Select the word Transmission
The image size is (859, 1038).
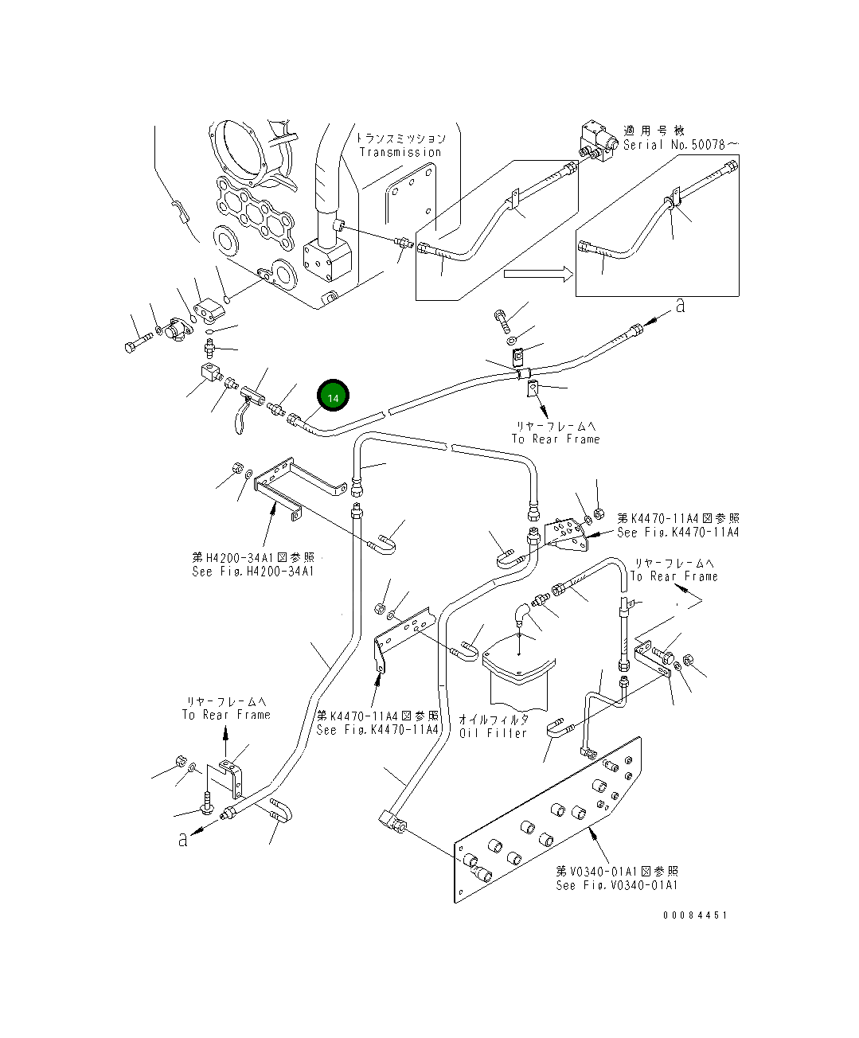(400, 152)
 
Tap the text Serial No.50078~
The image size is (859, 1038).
(681, 145)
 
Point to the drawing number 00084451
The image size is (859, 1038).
(694, 915)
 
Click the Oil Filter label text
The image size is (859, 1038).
(493, 732)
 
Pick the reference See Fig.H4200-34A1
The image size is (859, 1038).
(253, 572)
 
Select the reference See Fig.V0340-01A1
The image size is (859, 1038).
(617, 885)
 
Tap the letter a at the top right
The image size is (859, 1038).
(679, 306)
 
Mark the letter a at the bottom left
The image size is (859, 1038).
(183, 839)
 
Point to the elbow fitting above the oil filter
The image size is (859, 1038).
(520, 613)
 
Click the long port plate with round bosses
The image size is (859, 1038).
(549, 820)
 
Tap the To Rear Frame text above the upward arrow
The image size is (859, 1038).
(226, 715)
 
